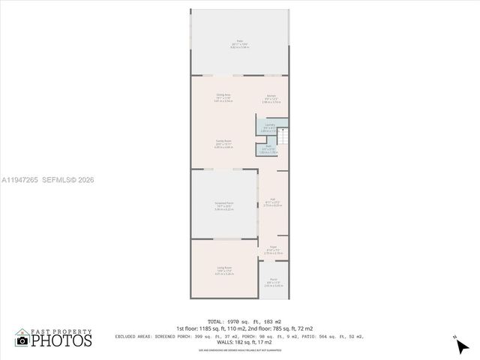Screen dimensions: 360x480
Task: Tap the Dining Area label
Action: [x=223, y=97]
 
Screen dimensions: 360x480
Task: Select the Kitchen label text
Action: [x=271, y=97]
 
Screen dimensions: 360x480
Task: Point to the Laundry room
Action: [x=269, y=127]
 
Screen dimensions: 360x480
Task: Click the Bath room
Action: [x=268, y=149]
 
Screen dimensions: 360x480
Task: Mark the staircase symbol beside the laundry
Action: [x=283, y=137]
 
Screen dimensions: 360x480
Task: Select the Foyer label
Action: [x=273, y=251]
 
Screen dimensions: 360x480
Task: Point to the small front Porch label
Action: [x=273, y=283]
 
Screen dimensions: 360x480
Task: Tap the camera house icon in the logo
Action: [x=22, y=340]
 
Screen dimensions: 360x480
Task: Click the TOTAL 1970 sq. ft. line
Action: [x=239, y=322]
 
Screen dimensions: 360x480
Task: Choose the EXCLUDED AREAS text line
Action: [x=239, y=336]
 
